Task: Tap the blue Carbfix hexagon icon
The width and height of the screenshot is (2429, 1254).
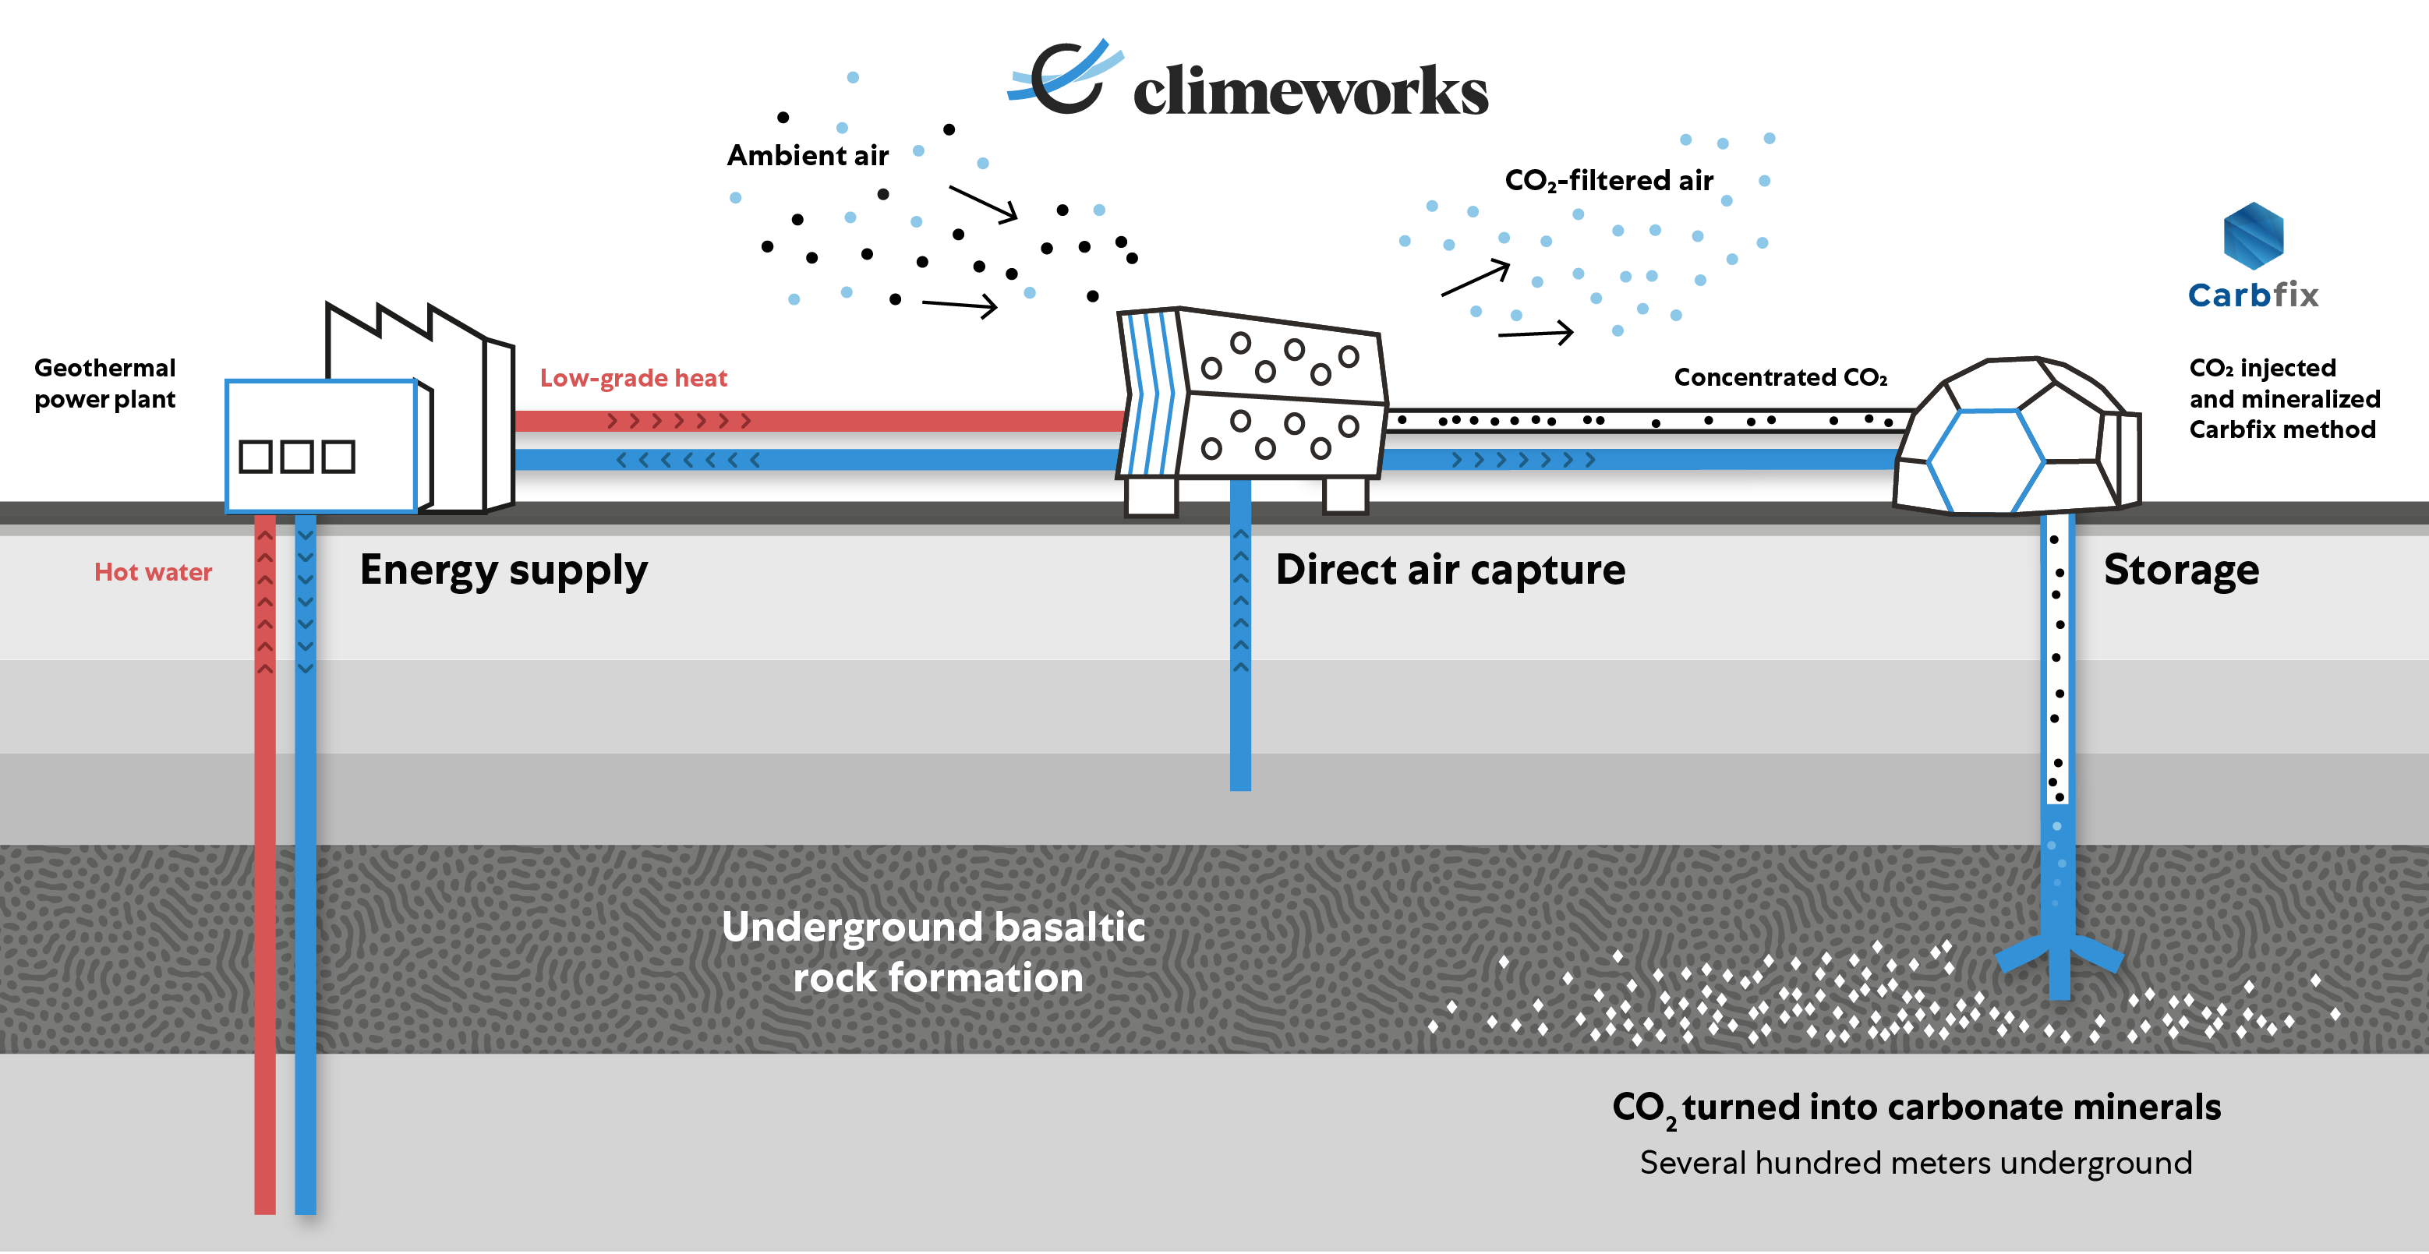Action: (2253, 235)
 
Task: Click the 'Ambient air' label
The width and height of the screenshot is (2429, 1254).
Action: (807, 156)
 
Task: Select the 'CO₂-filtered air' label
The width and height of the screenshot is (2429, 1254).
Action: (1609, 180)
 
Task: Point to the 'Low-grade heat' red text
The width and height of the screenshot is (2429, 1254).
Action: (633, 378)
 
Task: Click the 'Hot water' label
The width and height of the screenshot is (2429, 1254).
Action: (153, 572)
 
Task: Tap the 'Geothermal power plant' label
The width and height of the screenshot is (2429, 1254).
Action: (104, 383)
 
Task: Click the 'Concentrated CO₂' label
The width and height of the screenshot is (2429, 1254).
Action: (1780, 377)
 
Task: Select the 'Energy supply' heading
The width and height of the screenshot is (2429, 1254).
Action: (504, 570)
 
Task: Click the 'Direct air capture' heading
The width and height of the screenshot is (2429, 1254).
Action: (1450, 570)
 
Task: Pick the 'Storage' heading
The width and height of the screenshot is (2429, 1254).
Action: (2181, 570)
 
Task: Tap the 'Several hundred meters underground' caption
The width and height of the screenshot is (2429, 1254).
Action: (1915, 1163)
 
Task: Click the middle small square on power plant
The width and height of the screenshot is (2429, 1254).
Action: (297, 457)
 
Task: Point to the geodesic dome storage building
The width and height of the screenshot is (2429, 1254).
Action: (2018, 439)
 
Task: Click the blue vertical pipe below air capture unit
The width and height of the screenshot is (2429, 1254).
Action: (1240, 660)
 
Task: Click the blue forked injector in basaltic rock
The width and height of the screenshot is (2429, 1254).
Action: (2060, 962)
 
